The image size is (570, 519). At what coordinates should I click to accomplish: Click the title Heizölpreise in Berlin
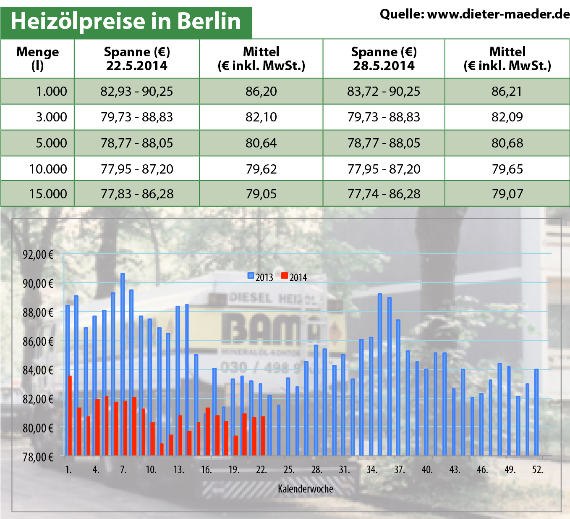pos(126,21)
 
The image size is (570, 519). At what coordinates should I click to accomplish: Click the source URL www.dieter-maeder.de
pos(498,14)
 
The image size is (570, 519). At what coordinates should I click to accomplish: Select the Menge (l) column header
pos(37,58)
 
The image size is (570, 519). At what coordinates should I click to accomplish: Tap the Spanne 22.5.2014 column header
pos(137,58)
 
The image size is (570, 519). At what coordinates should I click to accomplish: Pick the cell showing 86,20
pos(261,91)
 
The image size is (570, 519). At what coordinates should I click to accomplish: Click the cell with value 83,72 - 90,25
pos(384,91)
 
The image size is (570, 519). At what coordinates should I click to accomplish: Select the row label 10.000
pos(48,169)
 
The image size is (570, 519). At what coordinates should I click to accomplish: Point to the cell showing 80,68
pos(507,143)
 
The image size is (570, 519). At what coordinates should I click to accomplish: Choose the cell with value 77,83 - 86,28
pos(137,194)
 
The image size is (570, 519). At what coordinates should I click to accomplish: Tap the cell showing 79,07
pos(507,194)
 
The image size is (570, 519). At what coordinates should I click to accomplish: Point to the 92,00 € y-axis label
pos(38,254)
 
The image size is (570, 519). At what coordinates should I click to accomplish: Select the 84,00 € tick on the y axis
pos(38,370)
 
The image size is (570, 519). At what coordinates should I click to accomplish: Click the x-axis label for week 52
pos(537,469)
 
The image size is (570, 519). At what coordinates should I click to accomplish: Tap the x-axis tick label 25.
pos(289,469)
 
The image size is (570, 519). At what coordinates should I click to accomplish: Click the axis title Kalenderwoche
pos(305,489)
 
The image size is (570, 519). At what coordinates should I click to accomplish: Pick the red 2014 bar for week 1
pos(70,415)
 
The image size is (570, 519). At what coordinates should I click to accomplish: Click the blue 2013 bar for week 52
pos(536,412)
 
